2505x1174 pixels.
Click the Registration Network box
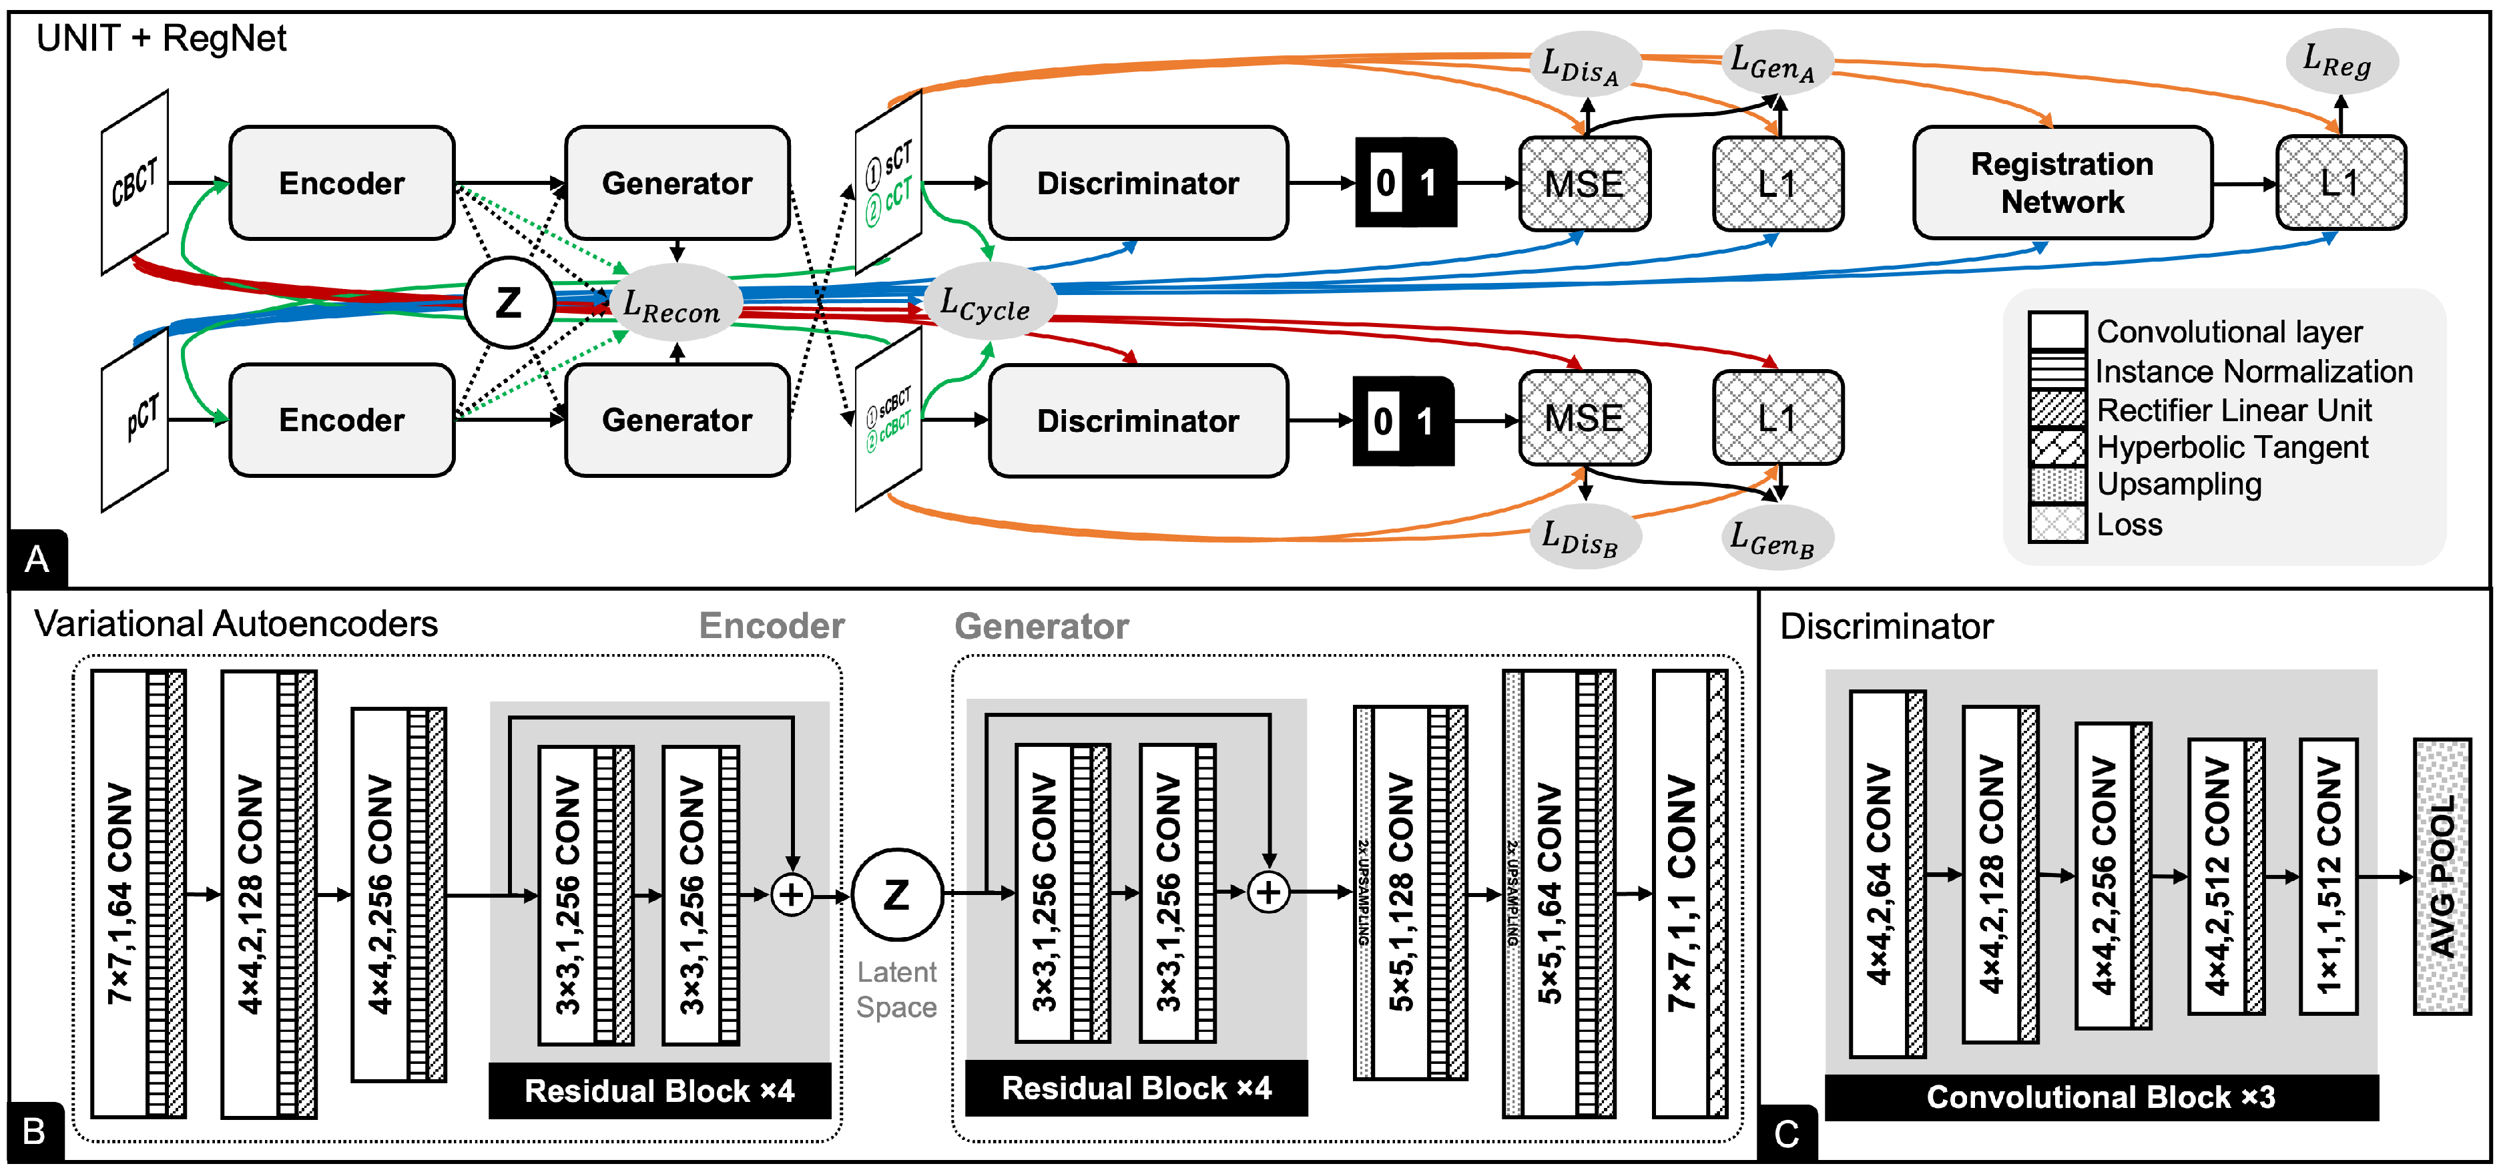[x=2062, y=182]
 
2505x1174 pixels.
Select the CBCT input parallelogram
[x=135, y=182]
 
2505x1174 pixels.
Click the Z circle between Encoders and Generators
[x=509, y=302]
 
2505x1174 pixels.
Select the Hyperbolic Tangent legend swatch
[x=2056, y=447]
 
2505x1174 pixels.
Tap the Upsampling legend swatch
[x=2056, y=485]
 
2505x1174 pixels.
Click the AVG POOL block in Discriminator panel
[x=2442, y=876]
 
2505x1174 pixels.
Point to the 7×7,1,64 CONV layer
[x=119, y=893]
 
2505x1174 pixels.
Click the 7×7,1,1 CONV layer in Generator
[x=1681, y=893]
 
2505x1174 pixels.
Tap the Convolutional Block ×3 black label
[x=2101, y=1097]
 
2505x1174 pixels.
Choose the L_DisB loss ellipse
[x=1582, y=537]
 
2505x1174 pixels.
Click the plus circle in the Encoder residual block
[x=792, y=894]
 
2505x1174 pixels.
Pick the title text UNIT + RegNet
[x=162, y=39]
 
